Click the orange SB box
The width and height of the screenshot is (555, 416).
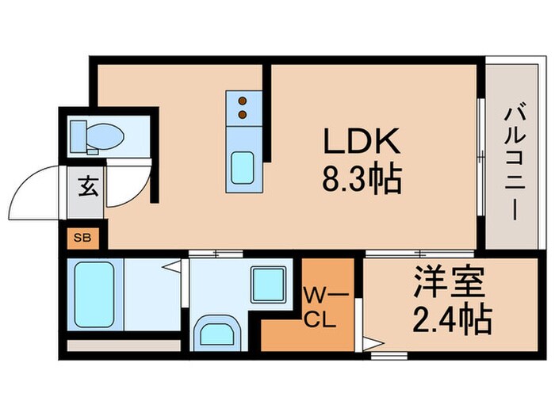(x=82, y=236)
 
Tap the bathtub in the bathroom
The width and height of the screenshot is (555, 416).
(x=96, y=292)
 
